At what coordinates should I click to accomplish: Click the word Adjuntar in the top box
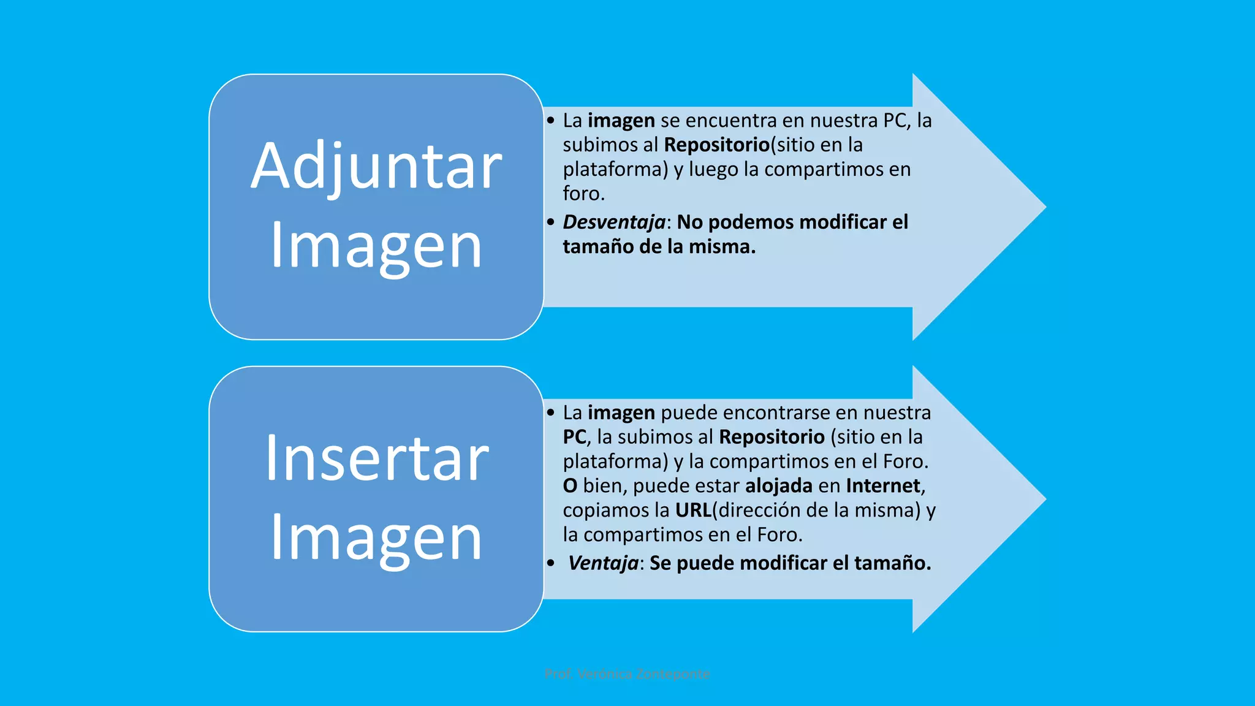(x=376, y=166)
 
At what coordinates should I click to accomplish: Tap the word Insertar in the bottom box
(x=376, y=458)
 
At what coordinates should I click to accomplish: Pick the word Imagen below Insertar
(x=376, y=538)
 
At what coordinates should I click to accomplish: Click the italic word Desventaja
(x=614, y=222)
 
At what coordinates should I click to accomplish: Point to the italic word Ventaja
(x=603, y=563)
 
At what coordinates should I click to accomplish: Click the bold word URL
(x=693, y=510)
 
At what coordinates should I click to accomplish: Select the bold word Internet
(x=883, y=485)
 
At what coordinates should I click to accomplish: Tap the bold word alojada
(x=778, y=485)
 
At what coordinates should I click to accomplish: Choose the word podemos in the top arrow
(x=751, y=222)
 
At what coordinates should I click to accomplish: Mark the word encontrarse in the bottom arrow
(x=779, y=412)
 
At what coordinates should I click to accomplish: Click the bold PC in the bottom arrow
(x=574, y=437)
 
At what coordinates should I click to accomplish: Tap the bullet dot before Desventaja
(x=551, y=222)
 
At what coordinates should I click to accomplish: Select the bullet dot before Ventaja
(x=551, y=563)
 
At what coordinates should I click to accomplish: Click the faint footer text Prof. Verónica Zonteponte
(x=627, y=674)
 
